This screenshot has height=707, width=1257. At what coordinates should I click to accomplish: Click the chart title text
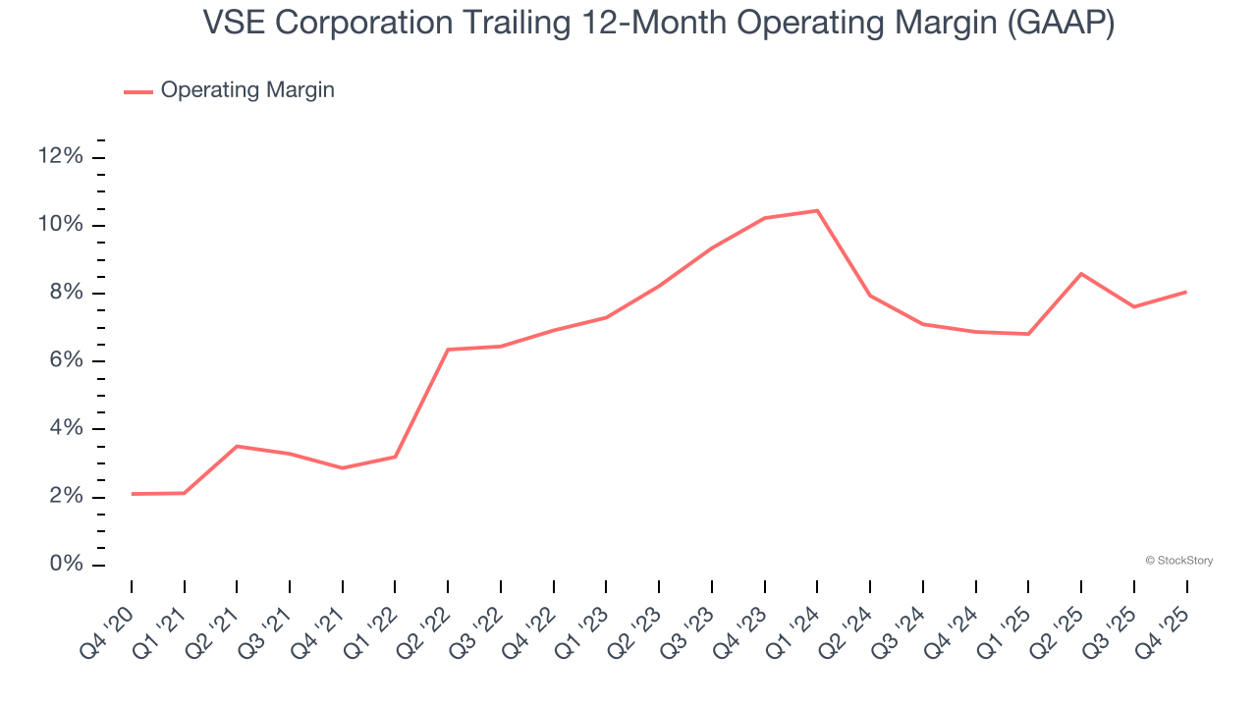point(658,24)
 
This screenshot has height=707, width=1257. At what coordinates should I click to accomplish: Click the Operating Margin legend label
point(247,90)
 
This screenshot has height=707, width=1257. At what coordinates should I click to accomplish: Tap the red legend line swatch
point(137,91)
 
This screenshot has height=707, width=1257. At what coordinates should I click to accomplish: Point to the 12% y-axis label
point(61,157)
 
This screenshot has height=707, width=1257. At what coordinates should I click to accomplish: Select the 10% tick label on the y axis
point(61,225)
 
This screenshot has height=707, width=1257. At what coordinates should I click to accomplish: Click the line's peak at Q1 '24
point(817,210)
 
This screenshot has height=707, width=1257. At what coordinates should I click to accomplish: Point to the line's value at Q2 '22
point(448,350)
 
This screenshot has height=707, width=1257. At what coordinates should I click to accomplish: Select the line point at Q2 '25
point(1081,273)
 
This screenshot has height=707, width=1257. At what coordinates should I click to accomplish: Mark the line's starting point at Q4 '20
point(132,494)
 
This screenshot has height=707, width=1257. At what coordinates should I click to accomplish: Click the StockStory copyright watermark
point(1178,561)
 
